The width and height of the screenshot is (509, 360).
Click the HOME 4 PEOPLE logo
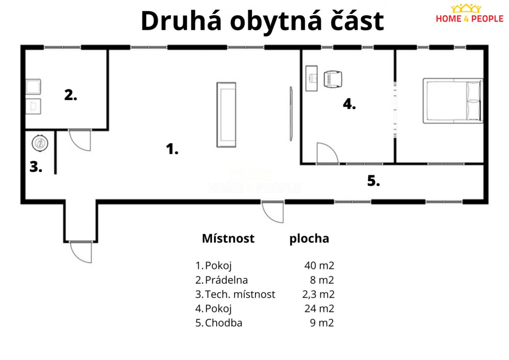click(x=470, y=14)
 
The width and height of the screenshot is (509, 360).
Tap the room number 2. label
click(x=71, y=95)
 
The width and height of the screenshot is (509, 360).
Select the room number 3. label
click(x=36, y=167)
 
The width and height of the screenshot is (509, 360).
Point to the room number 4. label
click(x=349, y=104)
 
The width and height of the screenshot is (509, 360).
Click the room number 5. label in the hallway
click(x=374, y=181)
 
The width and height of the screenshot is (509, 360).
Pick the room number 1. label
click(x=172, y=149)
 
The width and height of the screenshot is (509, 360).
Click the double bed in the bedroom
click(x=453, y=101)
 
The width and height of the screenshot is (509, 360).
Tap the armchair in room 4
click(x=333, y=79)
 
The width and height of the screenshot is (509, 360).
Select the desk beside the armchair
click(x=311, y=78)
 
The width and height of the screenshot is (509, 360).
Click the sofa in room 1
click(x=226, y=115)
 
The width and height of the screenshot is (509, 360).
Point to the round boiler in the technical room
click(x=40, y=143)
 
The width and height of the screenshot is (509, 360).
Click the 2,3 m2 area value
click(x=319, y=294)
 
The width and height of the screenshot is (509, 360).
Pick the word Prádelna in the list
click(x=227, y=280)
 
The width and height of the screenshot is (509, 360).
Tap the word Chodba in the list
click(x=224, y=323)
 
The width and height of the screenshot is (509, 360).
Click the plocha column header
click(x=309, y=239)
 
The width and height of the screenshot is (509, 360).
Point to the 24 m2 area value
click(x=319, y=308)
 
